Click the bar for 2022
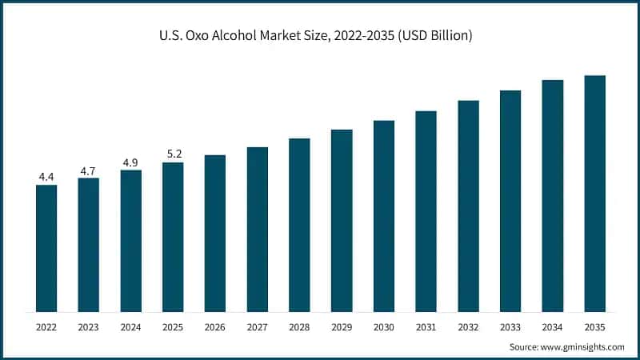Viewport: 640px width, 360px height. [46, 248]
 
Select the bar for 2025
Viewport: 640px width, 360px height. [173, 237]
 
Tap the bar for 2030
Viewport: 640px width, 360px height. [384, 216]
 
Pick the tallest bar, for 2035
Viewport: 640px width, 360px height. [594, 194]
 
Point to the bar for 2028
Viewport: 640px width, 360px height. [299, 225]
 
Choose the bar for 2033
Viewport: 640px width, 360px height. [510, 201]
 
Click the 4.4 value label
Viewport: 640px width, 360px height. [46, 176]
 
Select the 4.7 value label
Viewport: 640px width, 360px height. [89, 170]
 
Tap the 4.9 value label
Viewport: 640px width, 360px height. [130, 162]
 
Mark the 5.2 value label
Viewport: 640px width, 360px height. [173, 154]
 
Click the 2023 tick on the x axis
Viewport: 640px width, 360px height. [89, 327]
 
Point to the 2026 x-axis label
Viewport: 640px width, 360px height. [215, 327]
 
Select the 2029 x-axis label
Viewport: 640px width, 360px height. [342, 327]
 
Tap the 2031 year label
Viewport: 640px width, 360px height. [426, 327]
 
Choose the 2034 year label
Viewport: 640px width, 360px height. [552, 327]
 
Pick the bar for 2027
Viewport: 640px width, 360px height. [258, 229]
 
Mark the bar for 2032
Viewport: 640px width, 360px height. [468, 206]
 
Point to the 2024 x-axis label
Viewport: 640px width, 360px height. [130, 327]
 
